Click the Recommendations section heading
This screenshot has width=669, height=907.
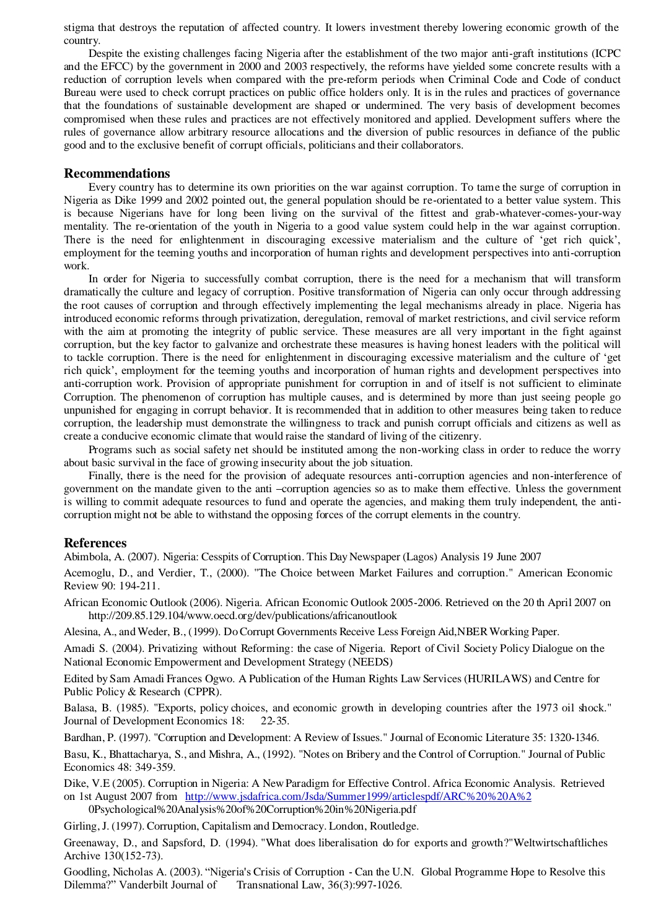click(116, 173)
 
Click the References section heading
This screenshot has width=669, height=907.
click(95, 543)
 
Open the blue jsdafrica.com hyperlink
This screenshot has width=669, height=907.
click(358, 796)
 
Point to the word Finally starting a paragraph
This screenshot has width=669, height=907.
click(106, 475)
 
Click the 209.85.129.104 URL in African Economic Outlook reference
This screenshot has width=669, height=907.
click(242, 615)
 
